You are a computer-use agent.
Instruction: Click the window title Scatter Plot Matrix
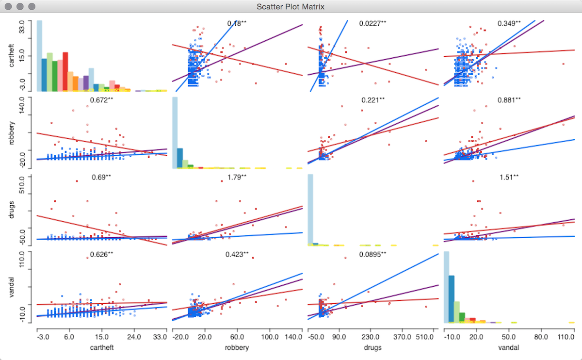click(291, 7)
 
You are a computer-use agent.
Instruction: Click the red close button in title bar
click(9, 7)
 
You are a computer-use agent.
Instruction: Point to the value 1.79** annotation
click(237, 177)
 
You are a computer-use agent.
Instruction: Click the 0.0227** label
click(372, 23)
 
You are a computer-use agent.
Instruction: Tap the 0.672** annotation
click(101, 100)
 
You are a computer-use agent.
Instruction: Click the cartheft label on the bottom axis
click(101, 347)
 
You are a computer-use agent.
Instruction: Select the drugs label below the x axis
click(372, 347)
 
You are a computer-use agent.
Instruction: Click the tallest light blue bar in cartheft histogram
click(39, 56)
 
